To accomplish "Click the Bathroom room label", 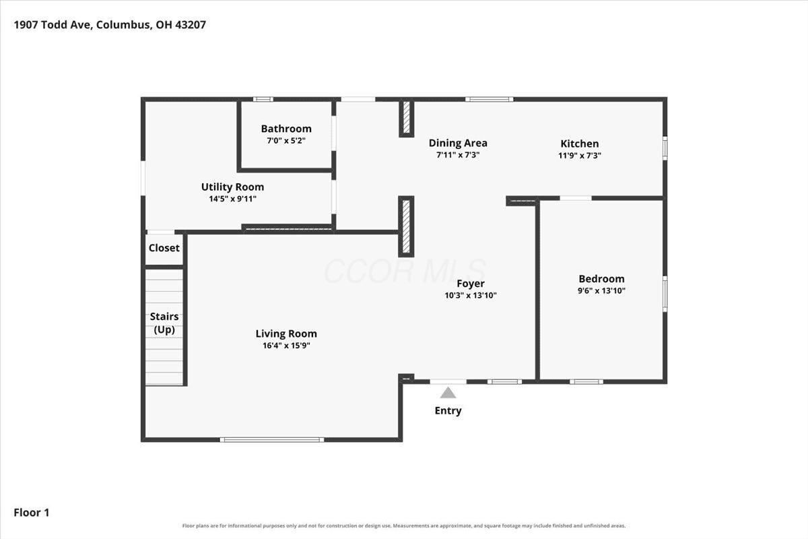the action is point(286,129).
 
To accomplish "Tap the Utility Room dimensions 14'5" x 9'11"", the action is point(233,199).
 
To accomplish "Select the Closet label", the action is point(164,248).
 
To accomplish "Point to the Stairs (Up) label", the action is point(164,323).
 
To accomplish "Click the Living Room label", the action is point(286,334).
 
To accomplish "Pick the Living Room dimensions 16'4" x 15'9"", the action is point(286,346).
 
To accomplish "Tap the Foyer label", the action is point(471,284).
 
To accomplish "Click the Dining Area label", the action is point(458,144).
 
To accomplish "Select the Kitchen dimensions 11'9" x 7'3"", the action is point(579,156).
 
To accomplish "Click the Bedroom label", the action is point(601,279).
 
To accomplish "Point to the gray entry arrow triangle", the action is point(448,393).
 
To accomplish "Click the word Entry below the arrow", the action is point(448,411).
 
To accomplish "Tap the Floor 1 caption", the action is point(32,513).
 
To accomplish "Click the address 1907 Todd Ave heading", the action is point(110,25).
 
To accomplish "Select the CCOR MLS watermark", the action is point(405,271).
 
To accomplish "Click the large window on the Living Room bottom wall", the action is point(272,440).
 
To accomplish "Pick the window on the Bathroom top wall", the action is point(263,99).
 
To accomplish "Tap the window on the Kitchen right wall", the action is point(665,148).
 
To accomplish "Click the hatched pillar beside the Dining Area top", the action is point(406,118).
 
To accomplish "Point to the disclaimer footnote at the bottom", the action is point(403,526).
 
